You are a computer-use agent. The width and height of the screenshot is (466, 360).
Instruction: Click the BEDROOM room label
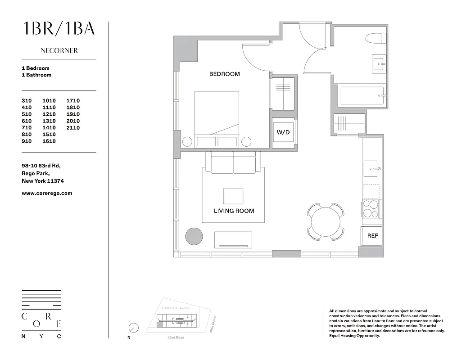224,74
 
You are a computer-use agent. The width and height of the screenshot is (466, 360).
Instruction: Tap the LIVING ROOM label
234,211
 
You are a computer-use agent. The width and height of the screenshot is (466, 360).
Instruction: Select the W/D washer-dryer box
283,133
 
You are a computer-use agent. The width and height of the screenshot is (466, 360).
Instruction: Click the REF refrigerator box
372,235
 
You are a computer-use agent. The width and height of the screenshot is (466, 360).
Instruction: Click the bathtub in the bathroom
362,95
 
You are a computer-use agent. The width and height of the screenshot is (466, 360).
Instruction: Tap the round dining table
325,221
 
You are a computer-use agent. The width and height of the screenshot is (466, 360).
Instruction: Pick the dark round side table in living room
195,236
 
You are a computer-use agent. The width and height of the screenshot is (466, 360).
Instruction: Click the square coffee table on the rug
233,196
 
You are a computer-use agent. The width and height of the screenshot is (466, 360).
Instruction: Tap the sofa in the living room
233,163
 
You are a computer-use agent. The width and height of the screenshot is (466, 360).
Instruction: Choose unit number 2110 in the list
73,128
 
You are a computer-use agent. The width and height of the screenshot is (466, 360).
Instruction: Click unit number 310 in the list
27,101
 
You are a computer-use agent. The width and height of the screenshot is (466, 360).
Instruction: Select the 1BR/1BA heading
59,28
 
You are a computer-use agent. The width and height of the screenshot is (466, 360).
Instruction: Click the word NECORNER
59,51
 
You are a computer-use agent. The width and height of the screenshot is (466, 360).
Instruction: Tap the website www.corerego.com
47,193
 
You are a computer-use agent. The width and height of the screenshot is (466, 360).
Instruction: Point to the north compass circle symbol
133,328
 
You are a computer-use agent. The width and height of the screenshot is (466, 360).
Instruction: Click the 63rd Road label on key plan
176,337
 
